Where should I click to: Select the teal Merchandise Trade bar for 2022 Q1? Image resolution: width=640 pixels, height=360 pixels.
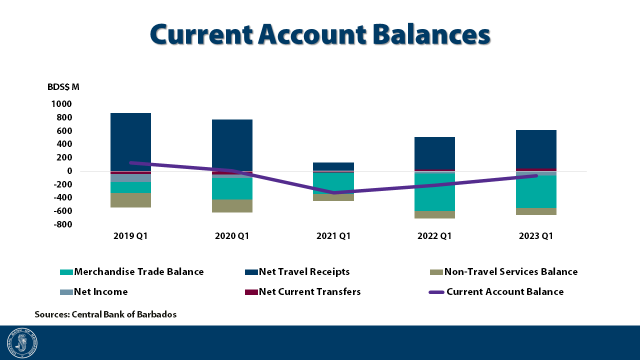[434, 192]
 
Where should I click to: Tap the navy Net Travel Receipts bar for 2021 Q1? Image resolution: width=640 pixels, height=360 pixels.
[333, 166]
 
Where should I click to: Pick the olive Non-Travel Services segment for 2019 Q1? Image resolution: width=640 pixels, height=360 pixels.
[130, 200]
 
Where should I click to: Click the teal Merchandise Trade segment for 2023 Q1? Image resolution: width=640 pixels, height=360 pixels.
[536, 191]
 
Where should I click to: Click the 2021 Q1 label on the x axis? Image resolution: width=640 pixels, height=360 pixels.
[333, 236]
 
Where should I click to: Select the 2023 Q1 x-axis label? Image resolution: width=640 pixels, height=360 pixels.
[536, 236]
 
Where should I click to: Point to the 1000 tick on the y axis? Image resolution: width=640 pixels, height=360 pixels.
[61, 104]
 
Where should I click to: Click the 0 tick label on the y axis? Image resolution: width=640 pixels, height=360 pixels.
[69, 171]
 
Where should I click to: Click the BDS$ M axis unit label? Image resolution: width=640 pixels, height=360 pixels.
[63, 87]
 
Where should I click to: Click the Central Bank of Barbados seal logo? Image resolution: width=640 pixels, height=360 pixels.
[22, 343]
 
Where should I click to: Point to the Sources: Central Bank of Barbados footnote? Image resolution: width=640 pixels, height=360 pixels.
[105, 314]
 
